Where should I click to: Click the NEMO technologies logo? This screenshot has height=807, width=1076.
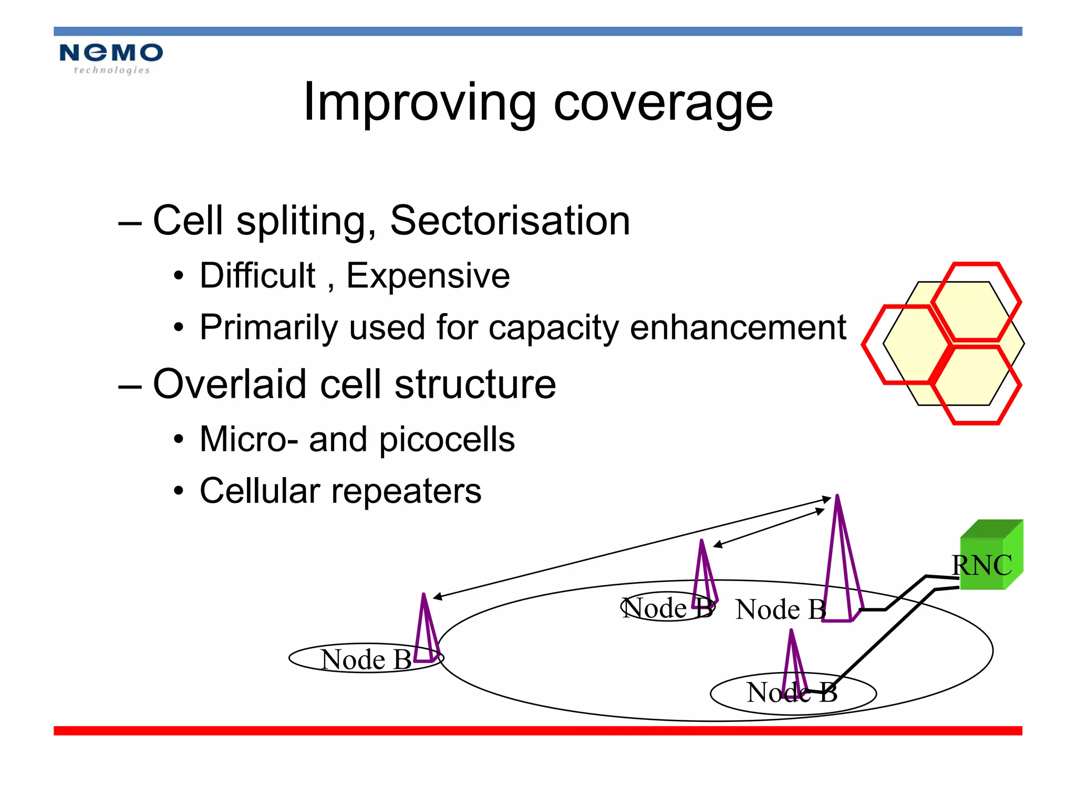coord(111,58)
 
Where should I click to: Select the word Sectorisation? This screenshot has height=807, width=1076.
coord(510,221)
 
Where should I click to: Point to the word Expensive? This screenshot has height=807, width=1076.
coord(428,276)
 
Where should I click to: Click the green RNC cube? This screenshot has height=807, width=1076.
coord(990,557)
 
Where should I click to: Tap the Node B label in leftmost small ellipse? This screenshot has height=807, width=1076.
coord(366,659)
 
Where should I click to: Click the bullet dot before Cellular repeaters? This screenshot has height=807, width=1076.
coord(179,491)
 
